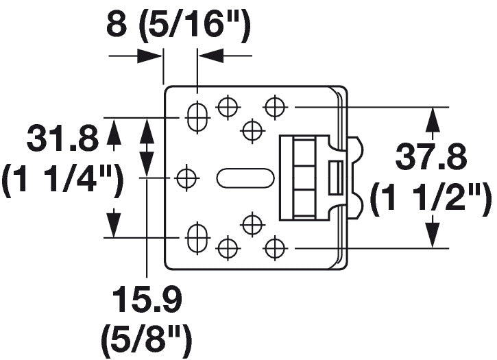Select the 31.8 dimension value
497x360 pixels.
[x=62, y=141]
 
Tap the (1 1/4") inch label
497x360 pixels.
[x=62, y=182]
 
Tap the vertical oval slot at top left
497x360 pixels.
[x=197, y=116]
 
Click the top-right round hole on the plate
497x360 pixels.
[x=275, y=107]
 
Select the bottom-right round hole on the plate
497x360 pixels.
[x=275, y=246]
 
